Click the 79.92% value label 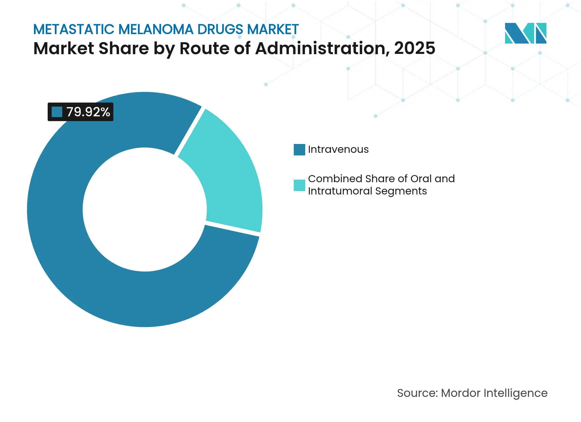pyautogui.click(x=88, y=112)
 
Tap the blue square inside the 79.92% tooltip pyautogui.click(x=57, y=112)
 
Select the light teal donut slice pyautogui.click(x=229, y=171)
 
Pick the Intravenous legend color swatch pyautogui.click(x=299, y=150)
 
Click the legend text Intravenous pyautogui.click(x=338, y=150)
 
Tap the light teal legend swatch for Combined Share pyautogui.click(x=299, y=185)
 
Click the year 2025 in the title pyautogui.click(x=415, y=48)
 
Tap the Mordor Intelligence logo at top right pyautogui.click(x=525, y=33)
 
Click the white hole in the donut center pyautogui.click(x=144, y=210)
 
